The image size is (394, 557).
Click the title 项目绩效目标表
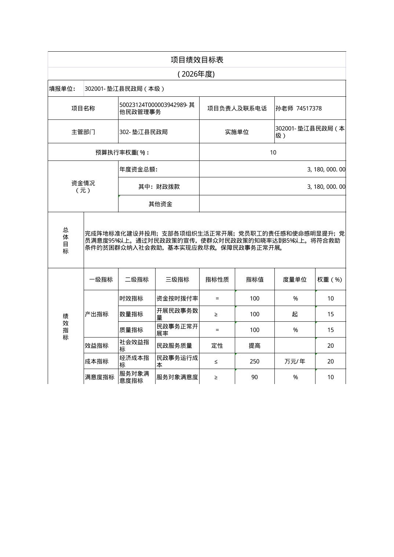(x=197, y=60)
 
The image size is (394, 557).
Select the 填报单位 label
(x=62, y=89)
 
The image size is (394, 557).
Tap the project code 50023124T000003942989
(x=153, y=105)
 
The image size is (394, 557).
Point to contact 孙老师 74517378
(x=299, y=108)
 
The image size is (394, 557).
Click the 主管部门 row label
(x=83, y=132)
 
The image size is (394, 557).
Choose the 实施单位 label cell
(x=237, y=132)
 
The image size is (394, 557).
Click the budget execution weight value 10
(x=273, y=152)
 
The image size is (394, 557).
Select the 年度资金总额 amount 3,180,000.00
(x=326, y=169)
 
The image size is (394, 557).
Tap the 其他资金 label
(x=160, y=204)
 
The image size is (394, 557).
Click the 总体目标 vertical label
(x=66, y=240)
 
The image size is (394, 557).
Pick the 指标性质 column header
(x=217, y=280)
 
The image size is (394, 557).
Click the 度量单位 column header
(x=295, y=280)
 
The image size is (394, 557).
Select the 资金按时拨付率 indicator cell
(x=177, y=298)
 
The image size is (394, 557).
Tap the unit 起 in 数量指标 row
(x=295, y=314)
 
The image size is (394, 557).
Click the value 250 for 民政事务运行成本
(x=255, y=361)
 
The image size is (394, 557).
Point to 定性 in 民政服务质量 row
(x=217, y=346)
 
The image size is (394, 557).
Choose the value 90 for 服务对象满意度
(x=255, y=377)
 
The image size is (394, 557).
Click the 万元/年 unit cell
(x=295, y=361)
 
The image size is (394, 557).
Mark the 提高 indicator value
(x=255, y=346)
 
